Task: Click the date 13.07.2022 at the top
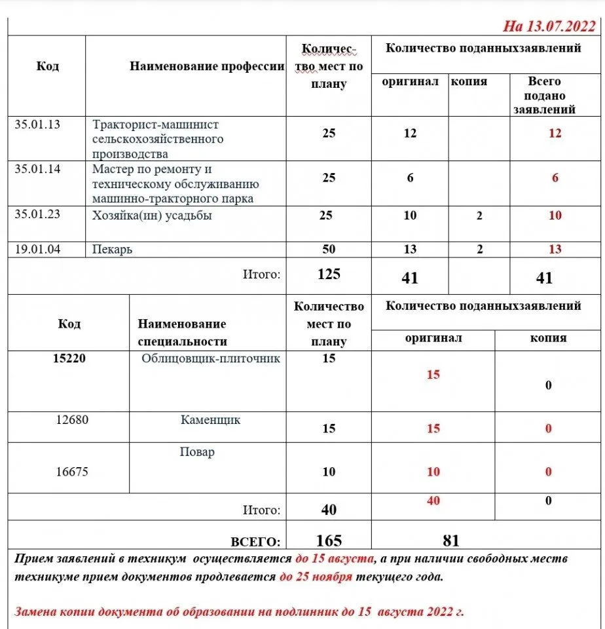(558, 26)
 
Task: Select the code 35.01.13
(37, 124)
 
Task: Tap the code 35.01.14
(37, 168)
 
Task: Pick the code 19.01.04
(37, 248)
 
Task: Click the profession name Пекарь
(112, 249)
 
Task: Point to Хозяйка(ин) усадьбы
(152, 216)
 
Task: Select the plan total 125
(329, 274)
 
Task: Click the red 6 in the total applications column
(555, 178)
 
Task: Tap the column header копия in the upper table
(469, 82)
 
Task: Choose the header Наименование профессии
(207, 66)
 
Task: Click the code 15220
(69, 358)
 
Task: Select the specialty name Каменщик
(210, 420)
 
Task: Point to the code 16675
(73, 471)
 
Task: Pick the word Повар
(197, 452)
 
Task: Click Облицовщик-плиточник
(211, 358)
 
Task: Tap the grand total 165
(329, 541)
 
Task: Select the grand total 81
(450, 541)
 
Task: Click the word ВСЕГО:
(255, 542)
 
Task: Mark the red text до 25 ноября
(316, 577)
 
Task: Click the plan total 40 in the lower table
(329, 509)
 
